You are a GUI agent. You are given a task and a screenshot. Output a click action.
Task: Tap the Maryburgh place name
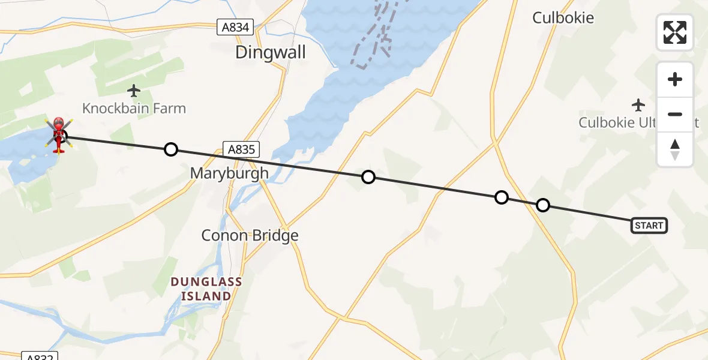pyautogui.click(x=229, y=173)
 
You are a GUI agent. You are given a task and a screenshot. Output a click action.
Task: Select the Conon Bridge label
pyautogui.click(x=250, y=236)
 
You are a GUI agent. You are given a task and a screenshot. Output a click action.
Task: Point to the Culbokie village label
pyautogui.click(x=563, y=18)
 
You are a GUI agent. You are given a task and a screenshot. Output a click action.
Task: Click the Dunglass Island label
pyautogui.click(x=206, y=289)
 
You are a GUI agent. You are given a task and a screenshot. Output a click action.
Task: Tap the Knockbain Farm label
pyautogui.click(x=134, y=109)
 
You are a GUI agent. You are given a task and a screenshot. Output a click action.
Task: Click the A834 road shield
pyautogui.click(x=235, y=27)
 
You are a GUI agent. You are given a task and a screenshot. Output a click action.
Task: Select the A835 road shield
pyautogui.click(x=241, y=149)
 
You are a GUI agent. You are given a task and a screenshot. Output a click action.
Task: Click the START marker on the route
pyautogui.click(x=649, y=226)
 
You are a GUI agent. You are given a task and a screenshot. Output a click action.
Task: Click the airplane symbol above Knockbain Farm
pyautogui.click(x=134, y=91)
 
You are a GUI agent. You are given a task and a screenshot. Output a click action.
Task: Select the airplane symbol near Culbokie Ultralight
pyautogui.click(x=638, y=105)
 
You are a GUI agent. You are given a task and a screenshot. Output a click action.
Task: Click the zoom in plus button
pyautogui.click(x=675, y=80)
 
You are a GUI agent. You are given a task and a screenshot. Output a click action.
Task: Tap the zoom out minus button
pyautogui.click(x=675, y=114)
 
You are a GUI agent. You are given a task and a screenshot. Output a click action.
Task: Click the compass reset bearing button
pyautogui.click(x=675, y=149)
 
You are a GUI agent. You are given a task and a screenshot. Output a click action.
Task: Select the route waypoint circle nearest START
pyautogui.click(x=542, y=205)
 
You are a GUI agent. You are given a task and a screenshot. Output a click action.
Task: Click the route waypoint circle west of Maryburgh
pyautogui.click(x=171, y=149)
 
